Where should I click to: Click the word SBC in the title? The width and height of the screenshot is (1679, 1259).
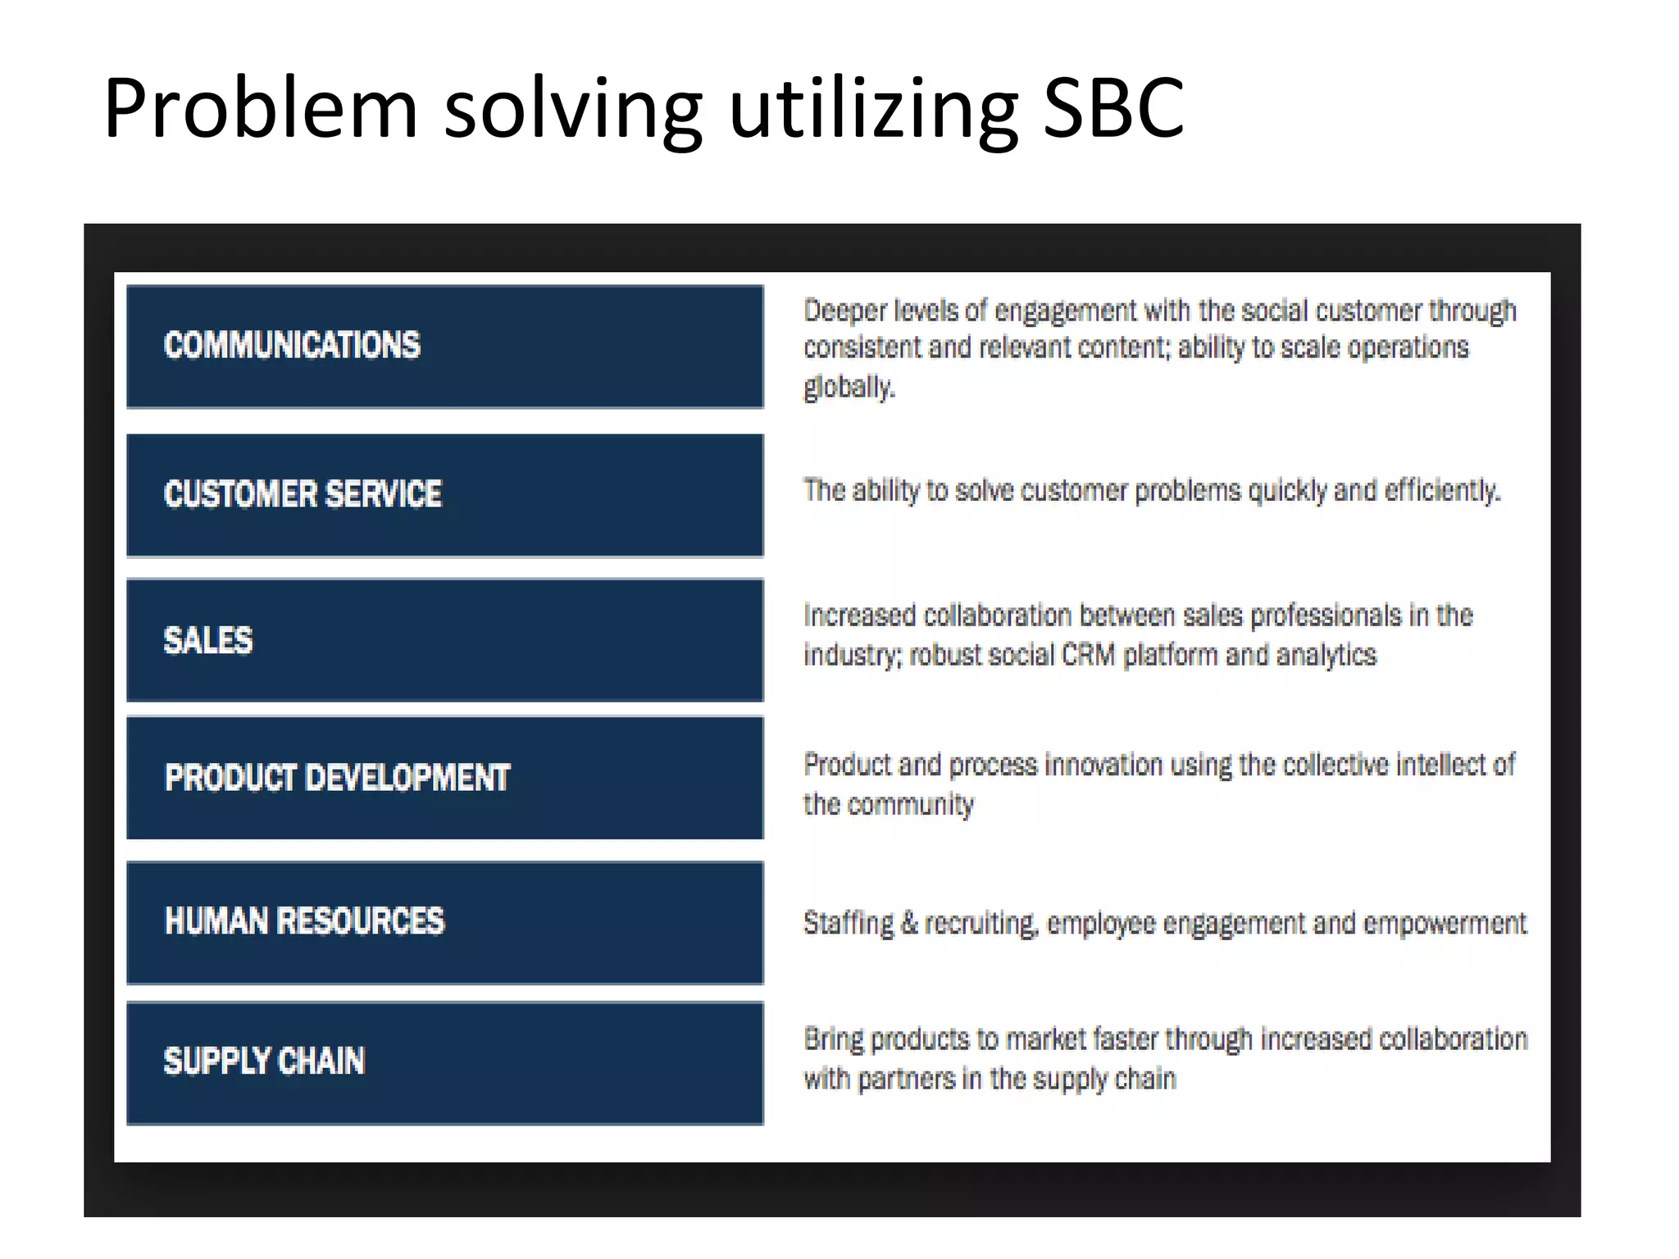coord(1113,108)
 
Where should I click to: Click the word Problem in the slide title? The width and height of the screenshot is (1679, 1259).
coord(261,108)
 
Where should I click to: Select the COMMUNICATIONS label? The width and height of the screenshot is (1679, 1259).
coord(292,345)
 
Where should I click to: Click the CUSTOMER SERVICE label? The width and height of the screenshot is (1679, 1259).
coord(303,494)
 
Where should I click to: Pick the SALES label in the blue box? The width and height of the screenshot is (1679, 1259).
coord(208,640)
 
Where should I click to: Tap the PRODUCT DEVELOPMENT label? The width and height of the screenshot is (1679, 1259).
coord(337,778)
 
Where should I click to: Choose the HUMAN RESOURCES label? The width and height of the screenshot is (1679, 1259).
coord(304,921)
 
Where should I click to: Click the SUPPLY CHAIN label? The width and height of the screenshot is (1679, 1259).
coord(264,1061)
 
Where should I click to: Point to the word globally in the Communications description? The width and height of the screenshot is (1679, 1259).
coord(849,387)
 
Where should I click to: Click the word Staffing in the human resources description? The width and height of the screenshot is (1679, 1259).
coord(849,924)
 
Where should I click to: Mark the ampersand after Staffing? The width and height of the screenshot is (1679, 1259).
coord(908,923)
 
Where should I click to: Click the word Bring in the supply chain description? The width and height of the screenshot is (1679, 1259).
coord(833,1039)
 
